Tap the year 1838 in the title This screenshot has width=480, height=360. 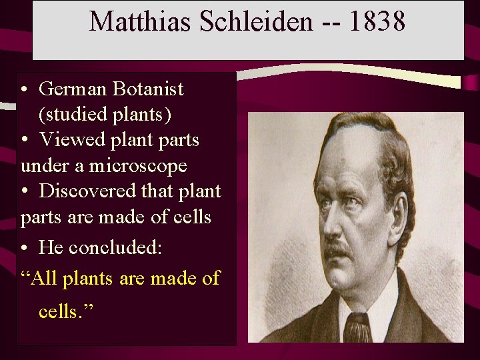click(x=376, y=21)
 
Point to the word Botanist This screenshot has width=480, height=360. click(x=151, y=89)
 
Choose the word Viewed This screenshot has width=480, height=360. click(x=71, y=140)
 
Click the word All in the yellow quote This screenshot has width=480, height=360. click(x=44, y=278)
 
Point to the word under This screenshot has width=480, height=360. click(x=39, y=165)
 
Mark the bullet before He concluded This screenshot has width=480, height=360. click(x=24, y=249)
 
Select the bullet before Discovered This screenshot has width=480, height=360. click(x=24, y=192)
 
